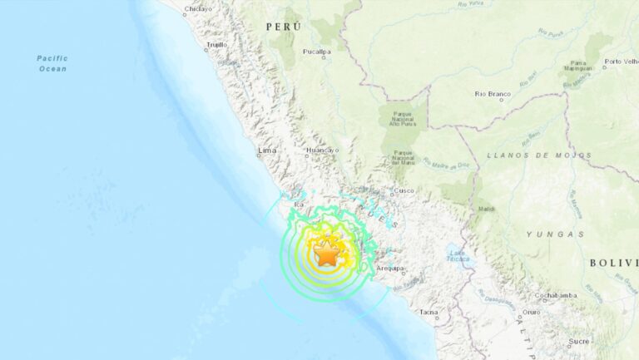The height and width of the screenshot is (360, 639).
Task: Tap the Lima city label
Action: (267, 150)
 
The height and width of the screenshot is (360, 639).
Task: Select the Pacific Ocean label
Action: (52, 62)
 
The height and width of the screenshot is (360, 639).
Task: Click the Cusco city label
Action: (404, 190)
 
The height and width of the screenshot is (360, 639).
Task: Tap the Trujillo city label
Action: (216, 45)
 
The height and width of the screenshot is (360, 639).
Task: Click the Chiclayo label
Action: (197, 8)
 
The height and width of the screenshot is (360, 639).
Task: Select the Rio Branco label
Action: (491, 94)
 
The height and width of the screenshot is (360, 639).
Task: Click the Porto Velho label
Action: (622, 61)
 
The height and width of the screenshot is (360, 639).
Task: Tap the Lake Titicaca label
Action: (456, 256)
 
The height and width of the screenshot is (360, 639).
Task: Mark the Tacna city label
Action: (428, 313)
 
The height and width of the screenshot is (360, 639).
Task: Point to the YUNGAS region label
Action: (554, 234)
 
